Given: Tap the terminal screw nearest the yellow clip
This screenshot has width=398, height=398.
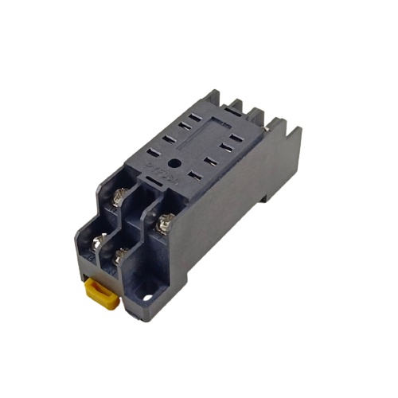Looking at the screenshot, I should tap(121, 255).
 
